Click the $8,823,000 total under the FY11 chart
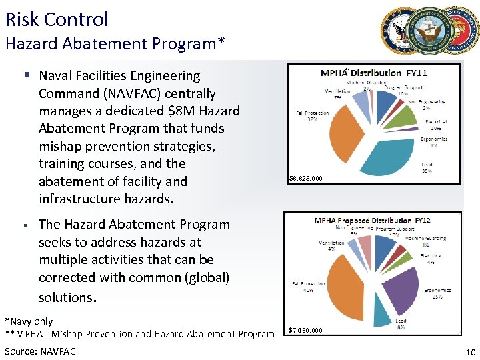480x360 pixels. (306, 178)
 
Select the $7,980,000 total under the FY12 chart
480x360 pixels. (306, 330)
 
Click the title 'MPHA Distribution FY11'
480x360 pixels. (374, 73)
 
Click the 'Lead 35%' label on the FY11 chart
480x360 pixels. (426, 167)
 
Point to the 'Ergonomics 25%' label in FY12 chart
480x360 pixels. (437, 293)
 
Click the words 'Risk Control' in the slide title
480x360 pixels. (57, 19)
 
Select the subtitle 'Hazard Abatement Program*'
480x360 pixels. (115, 44)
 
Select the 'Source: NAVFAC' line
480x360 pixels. (40, 351)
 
